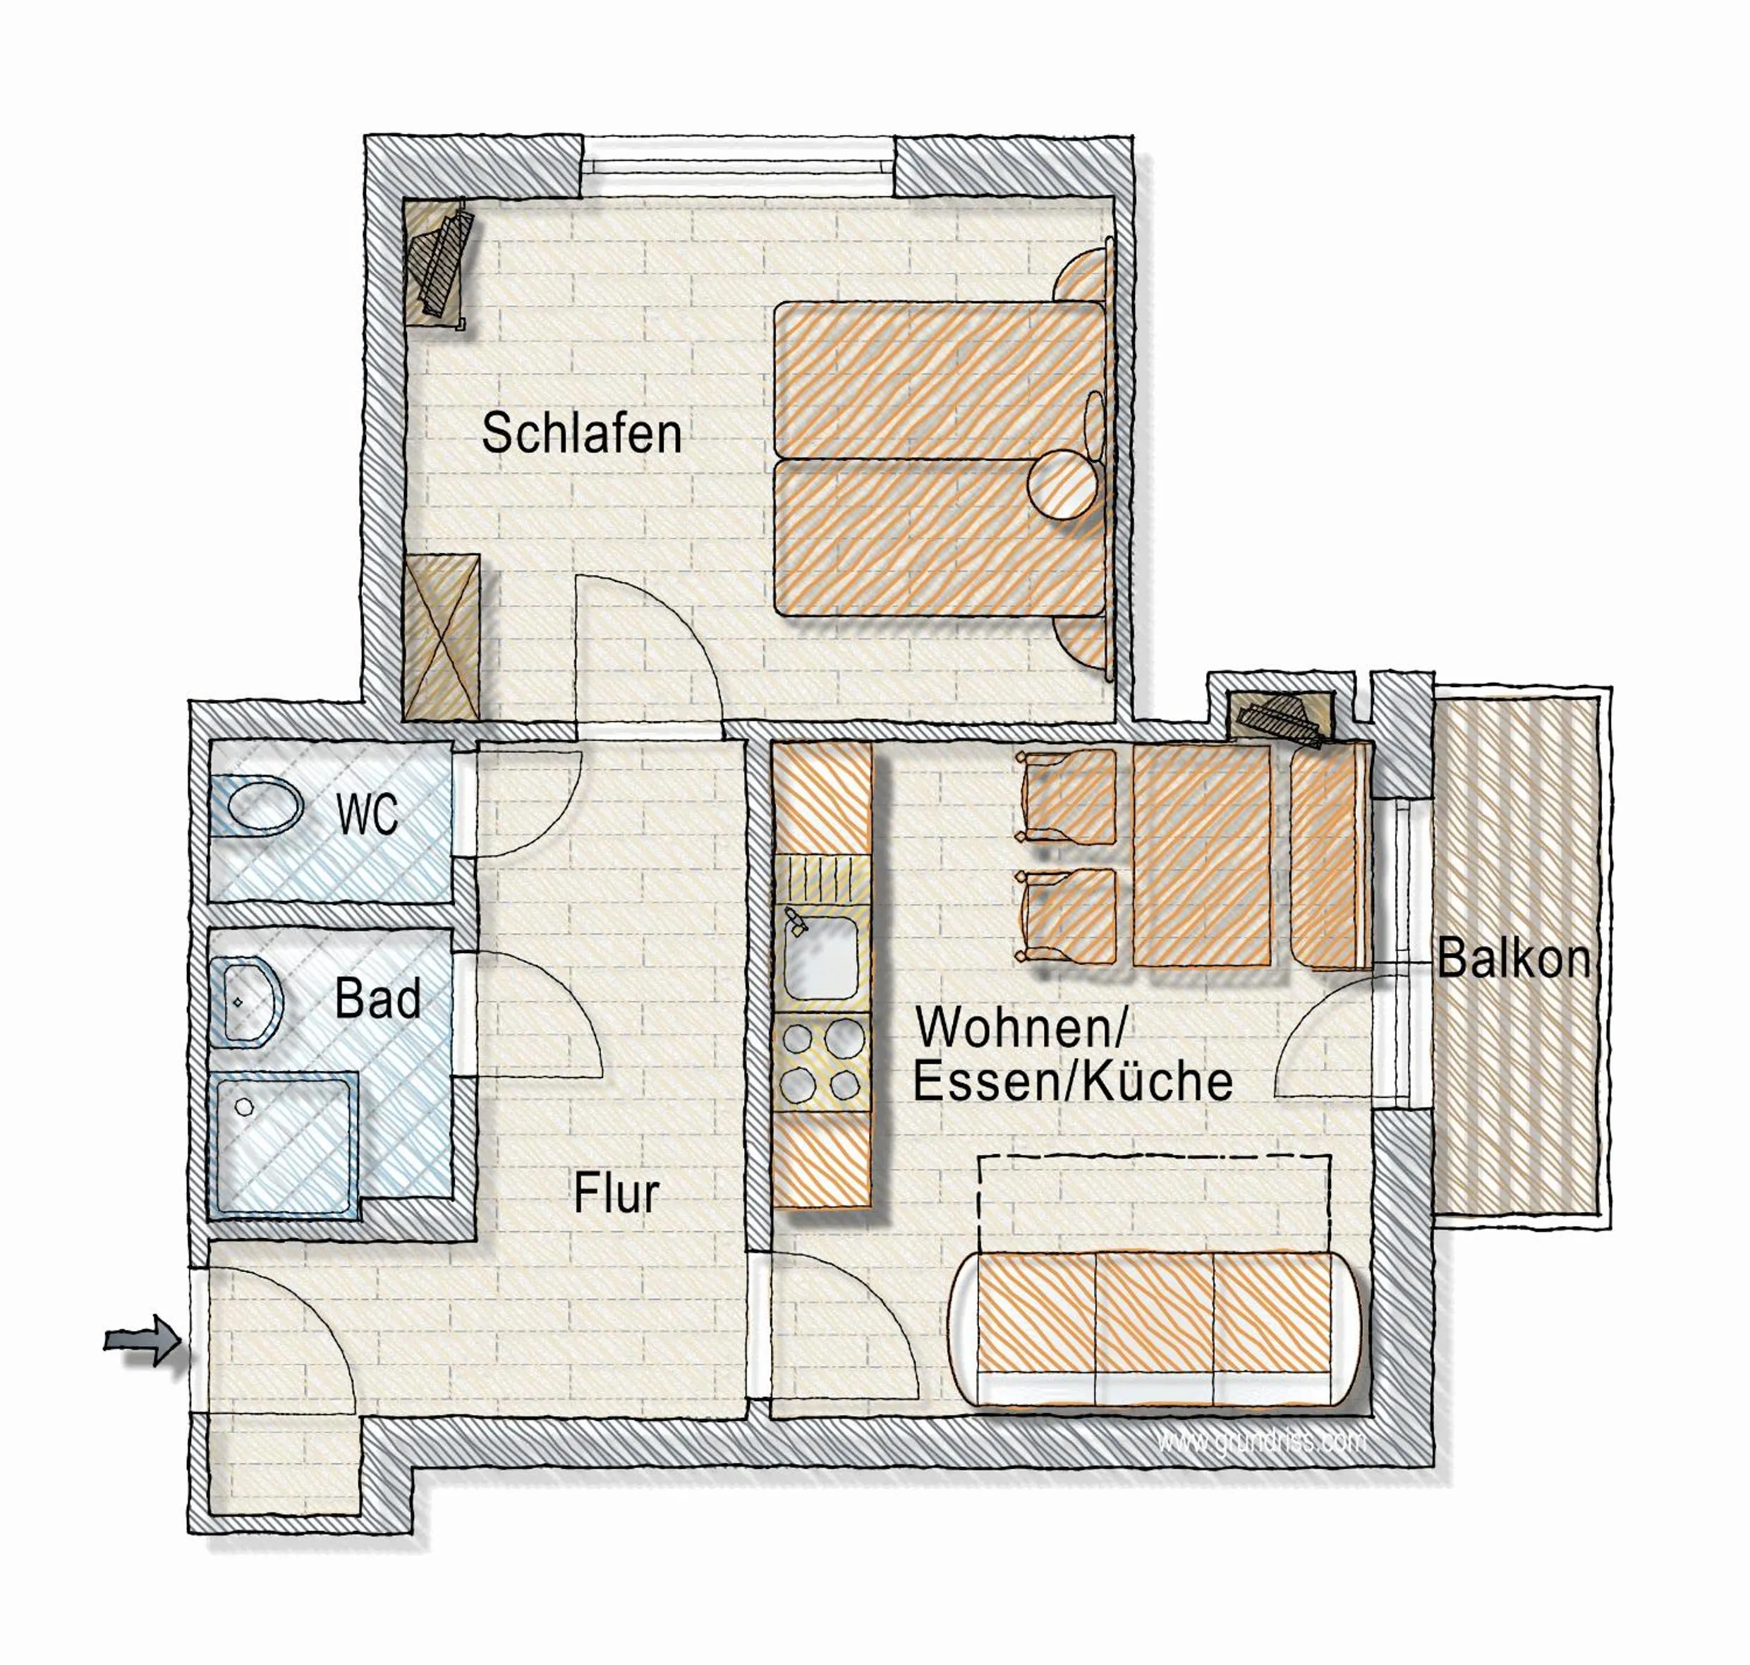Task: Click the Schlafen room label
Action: click(x=581, y=434)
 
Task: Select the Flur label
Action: click(x=616, y=1194)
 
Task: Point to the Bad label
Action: click(x=378, y=1000)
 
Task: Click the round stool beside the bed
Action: click(x=1062, y=485)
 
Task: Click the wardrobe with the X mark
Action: click(x=441, y=636)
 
